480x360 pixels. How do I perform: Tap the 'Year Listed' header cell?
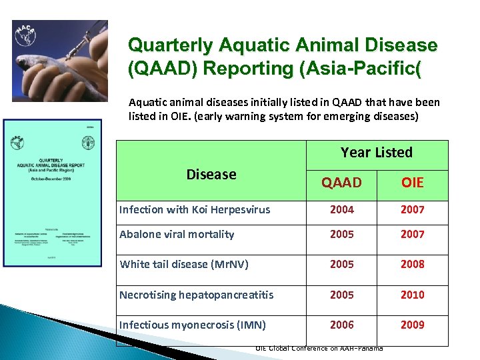click(x=377, y=153)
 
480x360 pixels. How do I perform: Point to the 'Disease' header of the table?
click(x=211, y=174)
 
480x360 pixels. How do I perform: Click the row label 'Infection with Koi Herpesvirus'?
click(x=195, y=209)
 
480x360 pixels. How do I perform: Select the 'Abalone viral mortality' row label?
click(x=177, y=234)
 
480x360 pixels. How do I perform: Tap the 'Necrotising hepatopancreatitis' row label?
click(x=196, y=295)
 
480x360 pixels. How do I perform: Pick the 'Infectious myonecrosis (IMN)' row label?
click(x=192, y=325)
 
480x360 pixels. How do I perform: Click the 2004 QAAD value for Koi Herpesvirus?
click(x=342, y=209)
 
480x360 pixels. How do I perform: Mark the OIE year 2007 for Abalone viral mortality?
click(x=412, y=234)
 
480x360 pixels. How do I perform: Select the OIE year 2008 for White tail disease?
click(x=412, y=264)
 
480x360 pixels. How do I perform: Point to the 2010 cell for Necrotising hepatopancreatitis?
click(x=412, y=295)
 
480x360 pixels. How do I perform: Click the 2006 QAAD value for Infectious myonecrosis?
click(x=342, y=325)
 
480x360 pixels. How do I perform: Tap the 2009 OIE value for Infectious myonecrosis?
click(x=412, y=325)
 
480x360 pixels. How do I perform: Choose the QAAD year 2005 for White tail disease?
click(x=342, y=264)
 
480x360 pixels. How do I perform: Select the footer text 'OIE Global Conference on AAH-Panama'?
click(x=319, y=348)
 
